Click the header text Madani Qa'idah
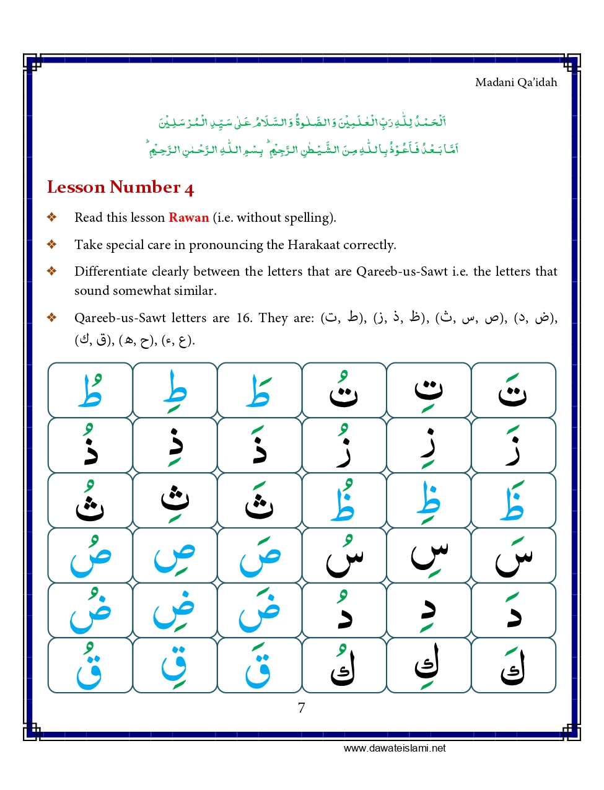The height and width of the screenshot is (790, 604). pyautogui.click(x=515, y=82)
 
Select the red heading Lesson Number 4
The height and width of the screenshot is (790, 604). pyautogui.click(x=120, y=187)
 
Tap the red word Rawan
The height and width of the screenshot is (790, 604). pyautogui.click(x=188, y=217)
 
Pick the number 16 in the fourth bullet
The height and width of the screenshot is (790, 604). pyautogui.click(x=243, y=318)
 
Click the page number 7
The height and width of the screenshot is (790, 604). pyautogui.click(x=301, y=708)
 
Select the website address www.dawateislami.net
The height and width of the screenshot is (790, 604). pyautogui.click(x=395, y=748)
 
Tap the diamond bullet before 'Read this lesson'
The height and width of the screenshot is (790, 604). pyautogui.click(x=52, y=217)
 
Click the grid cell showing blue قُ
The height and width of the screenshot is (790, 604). pyautogui.click(x=90, y=665)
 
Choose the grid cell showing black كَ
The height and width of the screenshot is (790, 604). pyautogui.click(x=514, y=665)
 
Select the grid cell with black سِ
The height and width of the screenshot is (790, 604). pyautogui.click(x=429, y=555)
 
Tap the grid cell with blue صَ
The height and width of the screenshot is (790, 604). pyautogui.click(x=260, y=555)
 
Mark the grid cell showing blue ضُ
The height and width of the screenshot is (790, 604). pyautogui.click(x=90, y=610)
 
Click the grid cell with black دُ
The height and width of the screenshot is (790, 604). pyautogui.click(x=344, y=610)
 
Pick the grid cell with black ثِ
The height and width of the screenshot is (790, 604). pyautogui.click(x=175, y=501)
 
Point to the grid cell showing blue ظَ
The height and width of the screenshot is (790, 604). pyautogui.click(x=514, y=501)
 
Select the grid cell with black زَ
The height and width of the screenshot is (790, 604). pyautogui.click(x=514, y=445)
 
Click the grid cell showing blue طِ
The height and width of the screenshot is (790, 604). pyautogui.click(x=175, y=390)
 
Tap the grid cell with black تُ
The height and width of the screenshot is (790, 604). pyautogui.click(x=344, y=390)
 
